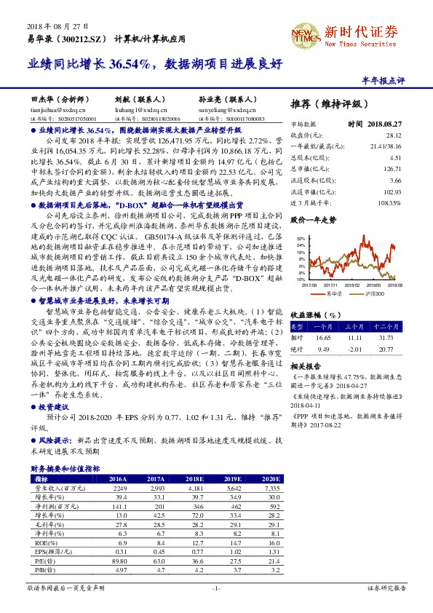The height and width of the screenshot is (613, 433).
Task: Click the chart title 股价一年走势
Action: point(314,218)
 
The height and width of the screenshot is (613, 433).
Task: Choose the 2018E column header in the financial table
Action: point(193,478)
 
